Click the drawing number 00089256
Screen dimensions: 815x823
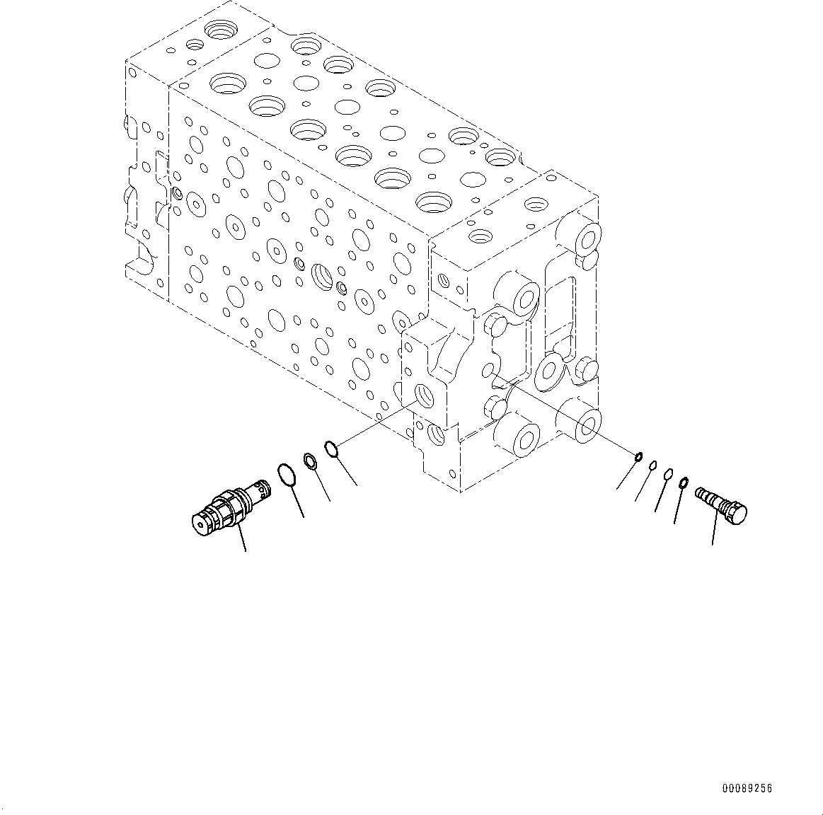pos(747,788)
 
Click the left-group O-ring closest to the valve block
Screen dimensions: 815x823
pos(331,448)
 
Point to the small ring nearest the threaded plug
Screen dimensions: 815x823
pos(684,483)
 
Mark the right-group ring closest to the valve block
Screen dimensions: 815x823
pos(638,456)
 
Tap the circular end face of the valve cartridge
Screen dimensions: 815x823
pos(203,521)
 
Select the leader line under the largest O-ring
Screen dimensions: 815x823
pos(297,502)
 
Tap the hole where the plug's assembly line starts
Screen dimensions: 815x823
pos(488,370)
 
